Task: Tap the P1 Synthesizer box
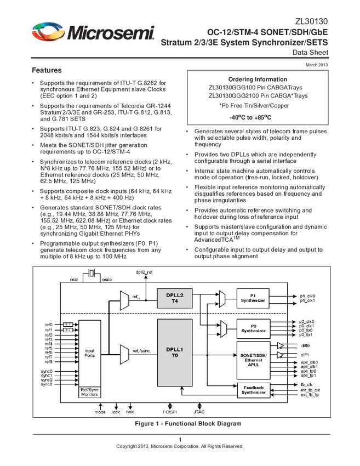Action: (253, 298)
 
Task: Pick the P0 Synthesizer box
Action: (253, 328)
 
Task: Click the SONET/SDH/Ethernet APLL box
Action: (253, 360)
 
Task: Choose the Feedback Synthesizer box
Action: (253, 390)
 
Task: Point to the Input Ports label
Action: (89, 353)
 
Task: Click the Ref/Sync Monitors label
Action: (89, 391)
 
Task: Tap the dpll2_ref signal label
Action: (145, 272)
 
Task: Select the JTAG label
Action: (198, 411)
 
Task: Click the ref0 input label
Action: (49, 325)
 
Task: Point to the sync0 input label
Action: (47, 371)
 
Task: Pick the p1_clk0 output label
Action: (307, 295)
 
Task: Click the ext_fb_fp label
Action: (310, 395)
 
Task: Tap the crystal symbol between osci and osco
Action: (93, 274)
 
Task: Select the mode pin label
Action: (100, 411)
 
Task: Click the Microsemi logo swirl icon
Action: (47, 32)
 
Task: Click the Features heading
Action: (47, 71)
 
